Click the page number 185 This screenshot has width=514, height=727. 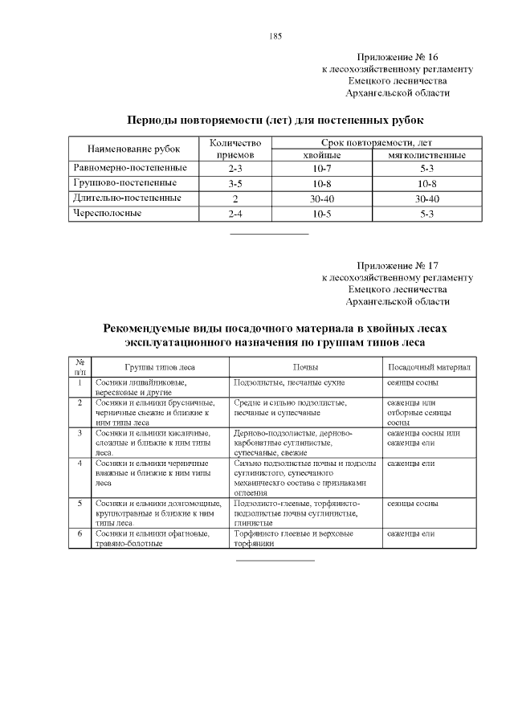[x=275, y=36]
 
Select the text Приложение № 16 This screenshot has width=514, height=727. [x=398, y=57]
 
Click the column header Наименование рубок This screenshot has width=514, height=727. [x=133, y=149]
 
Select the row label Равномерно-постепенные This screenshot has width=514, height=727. [x=130, y=169]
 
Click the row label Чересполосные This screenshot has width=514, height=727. [x=108, y=214]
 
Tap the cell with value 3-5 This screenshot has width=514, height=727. [x=235, y=184]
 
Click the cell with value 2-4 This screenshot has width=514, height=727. [x=235, y=214]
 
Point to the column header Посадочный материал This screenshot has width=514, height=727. [x=429, y=366]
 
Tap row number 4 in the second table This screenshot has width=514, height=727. [x=80, y=464]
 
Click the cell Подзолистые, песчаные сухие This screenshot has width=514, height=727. [x=294, y=382]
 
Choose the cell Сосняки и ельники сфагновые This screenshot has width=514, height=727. [x=152, y=533]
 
